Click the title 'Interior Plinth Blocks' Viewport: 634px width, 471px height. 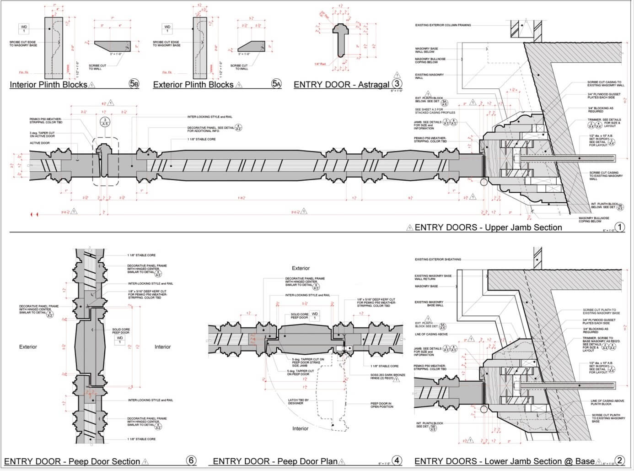(x=48, y=85)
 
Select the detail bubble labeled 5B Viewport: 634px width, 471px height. (x=134, y=84)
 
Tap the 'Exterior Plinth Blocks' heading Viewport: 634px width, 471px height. (x=193, y=85)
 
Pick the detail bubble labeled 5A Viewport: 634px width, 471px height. (x=276, y=84)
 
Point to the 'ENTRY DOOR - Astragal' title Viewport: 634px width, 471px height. (x=341, y=85)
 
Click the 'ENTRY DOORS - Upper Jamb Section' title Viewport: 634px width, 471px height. (x=488, y=227)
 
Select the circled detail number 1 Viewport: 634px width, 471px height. (x=620, y=227)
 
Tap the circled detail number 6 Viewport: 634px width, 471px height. (x=191, y=460)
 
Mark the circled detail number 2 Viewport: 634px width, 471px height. (x=620, y=461)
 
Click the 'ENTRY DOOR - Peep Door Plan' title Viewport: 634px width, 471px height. (x=275, y=461)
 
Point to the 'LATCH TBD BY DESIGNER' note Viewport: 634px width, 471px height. (x=298, y=402)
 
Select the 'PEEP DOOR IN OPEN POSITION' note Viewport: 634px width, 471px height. (x=381, y=405)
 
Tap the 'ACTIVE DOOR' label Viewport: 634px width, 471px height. (x=40, y=143)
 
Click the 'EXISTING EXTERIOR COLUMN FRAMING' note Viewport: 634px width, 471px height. (x=443, y=25)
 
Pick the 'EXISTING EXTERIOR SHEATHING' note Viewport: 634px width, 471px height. (x=438, y=260)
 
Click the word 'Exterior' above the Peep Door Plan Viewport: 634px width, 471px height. (x=301, y=268)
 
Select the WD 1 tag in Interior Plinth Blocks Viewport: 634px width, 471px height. (x=24, y=29)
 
